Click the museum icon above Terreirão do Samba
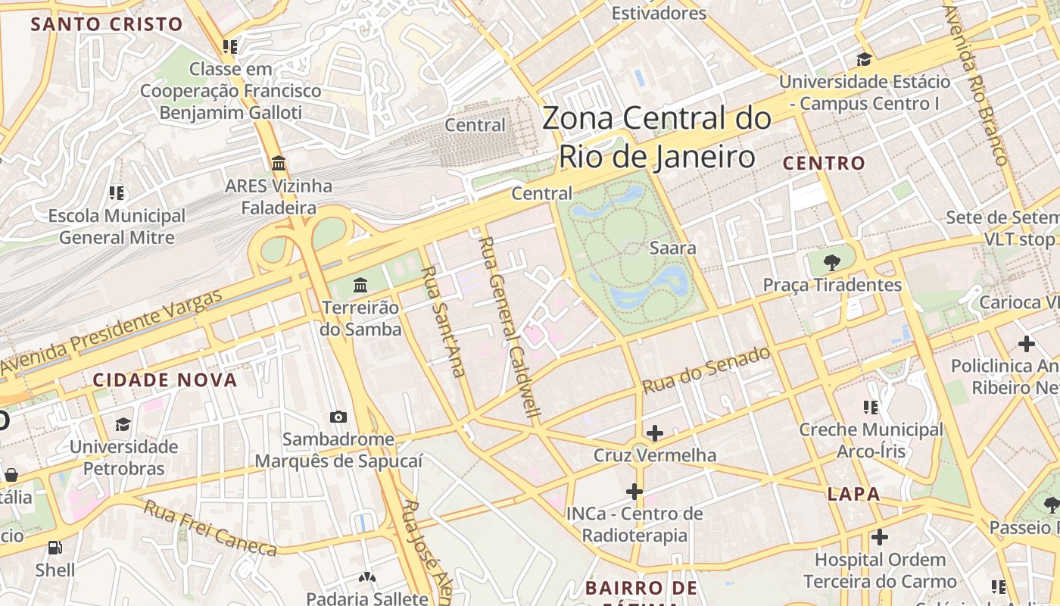[x=360, y=286]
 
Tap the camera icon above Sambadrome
[x=338, y=417]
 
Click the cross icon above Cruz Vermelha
[x=655, y=433]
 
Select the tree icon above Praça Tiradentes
[x=832, y=263]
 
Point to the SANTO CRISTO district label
[x=107, y=23]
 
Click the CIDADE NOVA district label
[x=165, y=380]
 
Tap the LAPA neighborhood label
[x=853, y=495]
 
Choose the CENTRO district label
[x=824, y=163]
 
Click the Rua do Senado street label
[x=706, y=370]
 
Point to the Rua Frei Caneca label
[x=210, y=528]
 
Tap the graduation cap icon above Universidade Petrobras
[x=123, y=424]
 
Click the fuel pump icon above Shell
[x=55, y=547]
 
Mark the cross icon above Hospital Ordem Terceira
[x=879, y=537]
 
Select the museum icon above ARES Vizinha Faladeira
[x=278, y=163]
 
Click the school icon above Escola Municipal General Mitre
[x=116, y=193]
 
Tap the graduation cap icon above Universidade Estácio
[x=864, y=59]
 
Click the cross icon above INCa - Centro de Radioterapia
[x=634, y=492]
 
